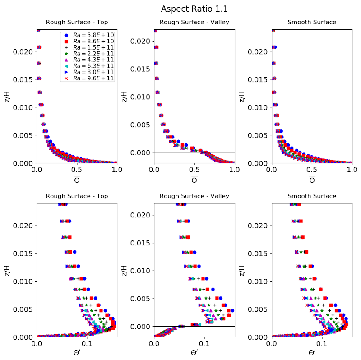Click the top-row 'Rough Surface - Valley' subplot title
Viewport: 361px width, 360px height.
coord(194,22)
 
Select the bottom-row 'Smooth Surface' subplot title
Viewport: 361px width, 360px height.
coord(312,196)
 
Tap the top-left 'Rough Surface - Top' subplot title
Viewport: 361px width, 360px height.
coord(77,22)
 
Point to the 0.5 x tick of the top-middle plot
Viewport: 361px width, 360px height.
coord(194,170)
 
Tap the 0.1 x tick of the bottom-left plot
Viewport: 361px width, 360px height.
coord(87,344)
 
